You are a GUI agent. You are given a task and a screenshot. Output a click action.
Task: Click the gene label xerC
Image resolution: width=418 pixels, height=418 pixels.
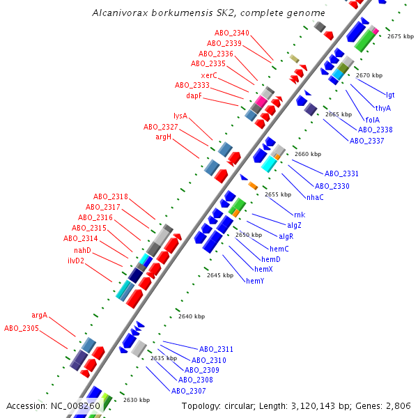tap(209, 75)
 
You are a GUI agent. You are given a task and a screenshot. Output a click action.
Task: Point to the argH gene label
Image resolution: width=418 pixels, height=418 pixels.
tap(163, 137)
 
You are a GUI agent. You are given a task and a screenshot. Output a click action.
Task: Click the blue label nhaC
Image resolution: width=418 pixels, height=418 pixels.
tap(315, 197)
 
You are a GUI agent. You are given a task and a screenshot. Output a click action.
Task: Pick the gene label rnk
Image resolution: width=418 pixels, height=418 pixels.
tap(300, 215)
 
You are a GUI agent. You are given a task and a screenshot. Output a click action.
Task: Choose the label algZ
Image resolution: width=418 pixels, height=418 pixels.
tap(295, 226)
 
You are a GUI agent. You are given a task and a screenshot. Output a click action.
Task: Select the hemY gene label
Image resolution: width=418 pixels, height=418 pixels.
tap(255, 281)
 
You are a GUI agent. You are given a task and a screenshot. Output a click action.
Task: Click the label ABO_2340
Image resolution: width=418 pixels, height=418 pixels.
tap(232, 33)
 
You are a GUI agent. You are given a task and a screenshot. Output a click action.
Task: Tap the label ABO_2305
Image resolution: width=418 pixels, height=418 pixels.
tap(22, 328)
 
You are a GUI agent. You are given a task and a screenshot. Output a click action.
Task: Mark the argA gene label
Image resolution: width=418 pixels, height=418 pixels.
tap(40, 315)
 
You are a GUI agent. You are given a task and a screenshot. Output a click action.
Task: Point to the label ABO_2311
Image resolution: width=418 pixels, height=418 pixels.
tap(216, 349)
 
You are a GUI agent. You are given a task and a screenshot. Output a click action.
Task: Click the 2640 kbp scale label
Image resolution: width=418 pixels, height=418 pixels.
tap(192, 316)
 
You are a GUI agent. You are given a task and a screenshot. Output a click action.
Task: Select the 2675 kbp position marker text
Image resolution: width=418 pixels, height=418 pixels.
tap(401, 36)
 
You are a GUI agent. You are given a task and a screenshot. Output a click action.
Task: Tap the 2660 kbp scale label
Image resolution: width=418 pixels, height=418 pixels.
tap(308, 154)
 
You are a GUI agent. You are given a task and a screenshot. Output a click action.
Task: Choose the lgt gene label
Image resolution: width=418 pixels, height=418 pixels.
tap(390, 95)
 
